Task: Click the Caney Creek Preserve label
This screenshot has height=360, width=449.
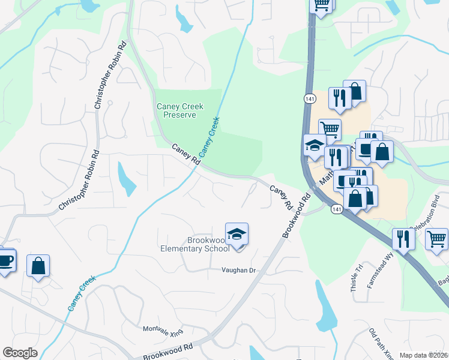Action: click(x=180, y=110)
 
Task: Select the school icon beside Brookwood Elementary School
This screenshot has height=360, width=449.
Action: click(x=237, y=233)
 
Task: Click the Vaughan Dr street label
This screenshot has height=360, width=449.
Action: click(x=238, y=271)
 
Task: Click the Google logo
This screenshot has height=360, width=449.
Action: click(x=20, y=353)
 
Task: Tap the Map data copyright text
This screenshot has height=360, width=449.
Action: click(x=423, y=355)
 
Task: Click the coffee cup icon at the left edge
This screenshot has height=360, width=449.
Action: click(x=5, y=260)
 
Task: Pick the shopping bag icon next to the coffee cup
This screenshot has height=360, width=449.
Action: click(x=38, y=266)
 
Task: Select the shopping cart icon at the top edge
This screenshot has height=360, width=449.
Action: click(x=321, y=5)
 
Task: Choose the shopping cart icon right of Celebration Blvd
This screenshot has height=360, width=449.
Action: click(x=436, y=238)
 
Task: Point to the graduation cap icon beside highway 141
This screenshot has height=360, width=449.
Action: click(x=314, y=145)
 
